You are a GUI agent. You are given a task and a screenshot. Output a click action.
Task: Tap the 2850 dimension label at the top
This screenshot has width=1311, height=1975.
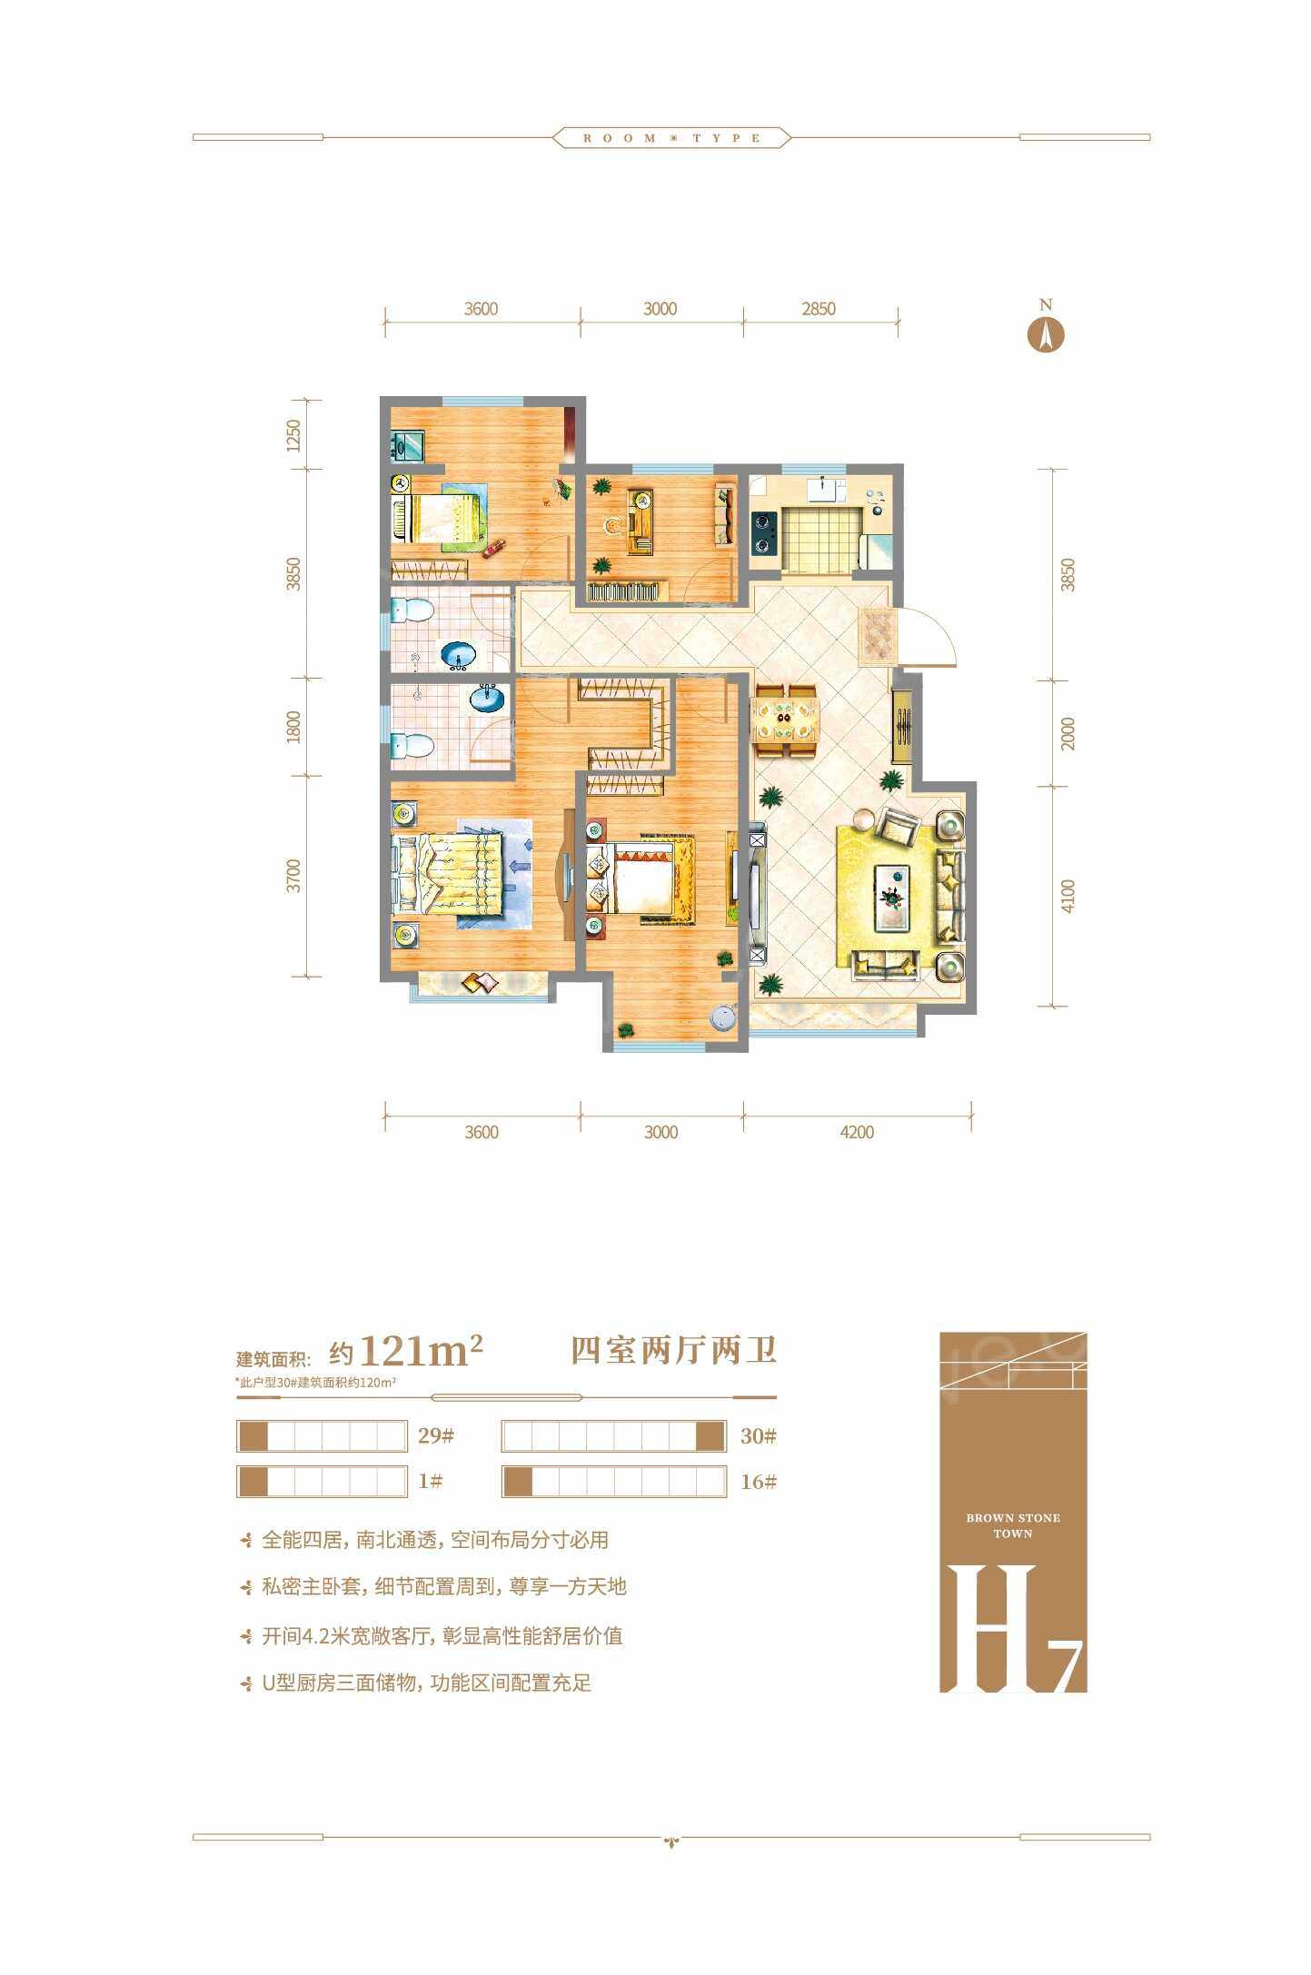coord(818,309)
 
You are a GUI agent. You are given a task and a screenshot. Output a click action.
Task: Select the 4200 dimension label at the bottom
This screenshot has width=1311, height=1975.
coord(857,1132)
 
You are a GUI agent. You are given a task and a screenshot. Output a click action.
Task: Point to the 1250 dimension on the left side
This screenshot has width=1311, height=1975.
coord(292,435)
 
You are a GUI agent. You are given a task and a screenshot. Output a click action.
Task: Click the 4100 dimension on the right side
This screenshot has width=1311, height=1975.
coord(1068,896)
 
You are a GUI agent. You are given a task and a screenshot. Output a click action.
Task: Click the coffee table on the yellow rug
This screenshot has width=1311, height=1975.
coord(891,897)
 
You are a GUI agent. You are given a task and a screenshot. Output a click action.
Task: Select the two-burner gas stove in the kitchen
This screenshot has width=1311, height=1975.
coord(762,531)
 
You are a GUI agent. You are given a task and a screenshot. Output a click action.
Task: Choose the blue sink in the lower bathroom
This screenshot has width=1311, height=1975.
coord(489,699)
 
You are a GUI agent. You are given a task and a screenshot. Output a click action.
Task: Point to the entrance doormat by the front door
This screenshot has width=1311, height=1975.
coord(878,636)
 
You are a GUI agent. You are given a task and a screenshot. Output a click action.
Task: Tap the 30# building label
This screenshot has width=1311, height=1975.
coord(759,1436)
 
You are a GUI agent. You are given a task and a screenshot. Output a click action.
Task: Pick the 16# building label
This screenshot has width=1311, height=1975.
coord(759,1482)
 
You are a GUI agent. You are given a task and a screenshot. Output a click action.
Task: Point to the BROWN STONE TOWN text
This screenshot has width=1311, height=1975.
coord(1013,1525)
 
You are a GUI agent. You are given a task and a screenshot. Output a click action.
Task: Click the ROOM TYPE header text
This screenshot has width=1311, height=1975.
coord(672,138)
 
